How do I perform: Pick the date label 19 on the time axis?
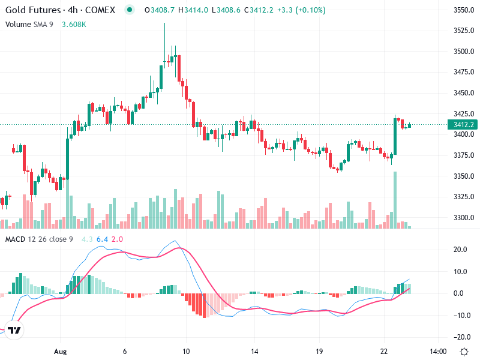coord(320,351)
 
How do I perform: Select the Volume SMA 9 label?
coord(30,25)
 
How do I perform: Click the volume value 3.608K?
coord(74,25)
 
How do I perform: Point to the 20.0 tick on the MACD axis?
coord(461,250)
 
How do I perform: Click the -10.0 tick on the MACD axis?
coord(461,315)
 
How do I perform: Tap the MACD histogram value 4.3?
coord(87,239)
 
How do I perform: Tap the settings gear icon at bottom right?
coord(464,351)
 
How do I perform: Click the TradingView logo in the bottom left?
coord(14,331)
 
